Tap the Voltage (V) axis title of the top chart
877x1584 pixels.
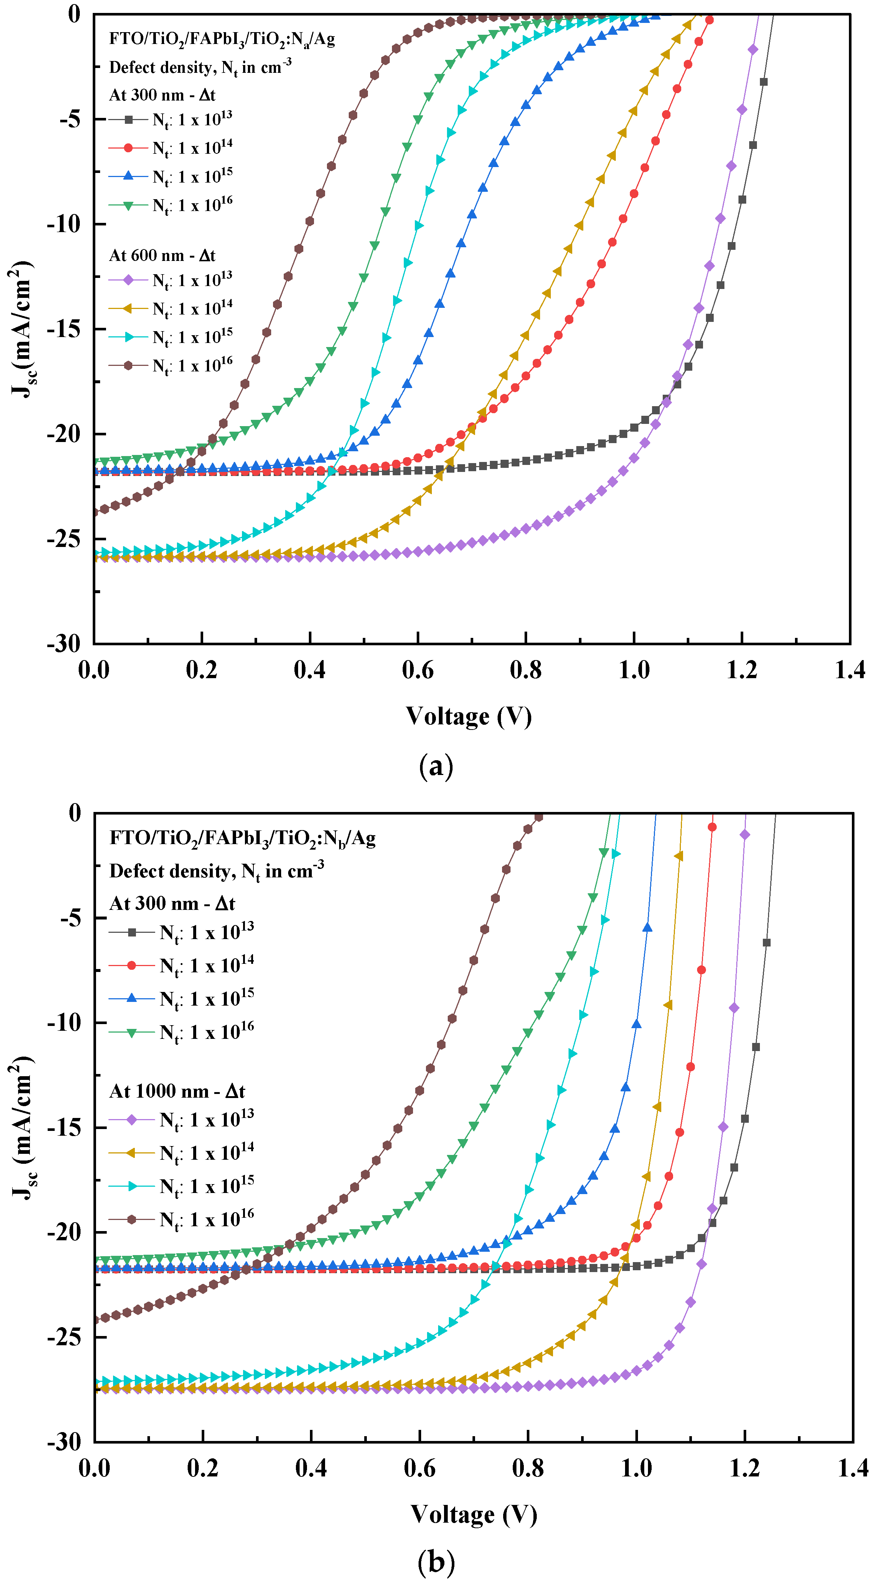[x=468, y=716]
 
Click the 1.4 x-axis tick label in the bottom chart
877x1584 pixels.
[x=852, y=1468]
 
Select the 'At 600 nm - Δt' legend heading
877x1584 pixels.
[x=162, y=255]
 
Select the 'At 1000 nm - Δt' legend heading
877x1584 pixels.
[x=177, y=1091]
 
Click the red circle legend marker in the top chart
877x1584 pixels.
[x=128, y=147]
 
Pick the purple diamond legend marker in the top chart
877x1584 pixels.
[x=128, y=281]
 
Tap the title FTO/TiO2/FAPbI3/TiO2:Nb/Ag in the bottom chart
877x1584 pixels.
[x=242, y=838]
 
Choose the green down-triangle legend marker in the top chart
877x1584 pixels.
[x=128, y=205]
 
